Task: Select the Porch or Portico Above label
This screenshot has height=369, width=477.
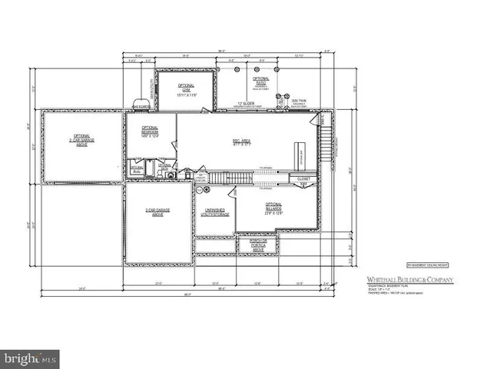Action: pos(253,246)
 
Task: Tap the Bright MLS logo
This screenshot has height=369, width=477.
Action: pos(31,358)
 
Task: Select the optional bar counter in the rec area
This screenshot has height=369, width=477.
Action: pos(301,157)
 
